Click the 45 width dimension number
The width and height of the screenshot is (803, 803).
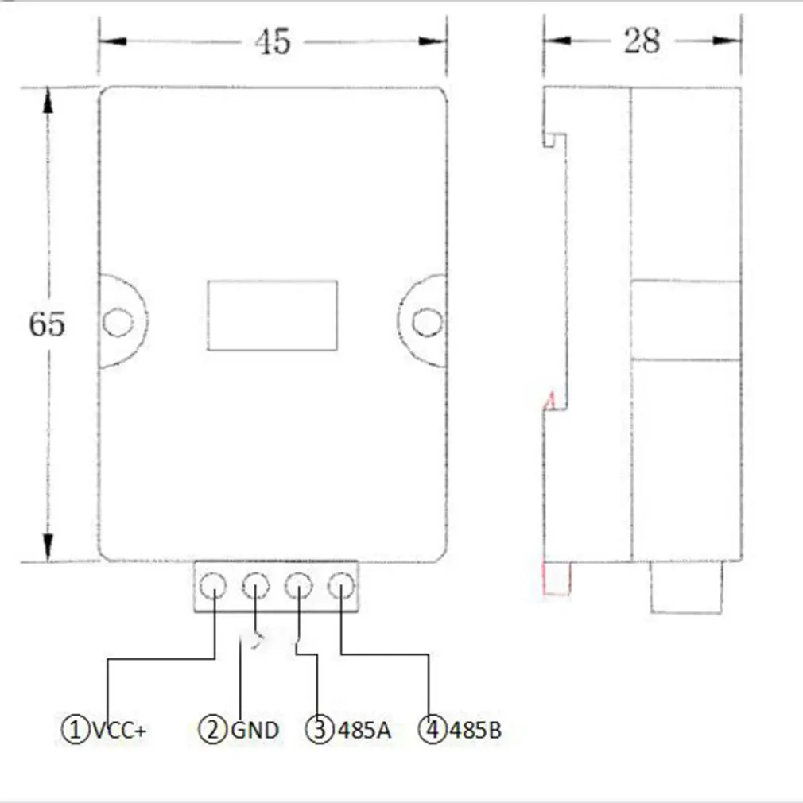273,42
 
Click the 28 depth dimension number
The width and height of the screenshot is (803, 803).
642,41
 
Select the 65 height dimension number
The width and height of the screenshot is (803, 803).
47,324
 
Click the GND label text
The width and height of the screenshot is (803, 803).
254,730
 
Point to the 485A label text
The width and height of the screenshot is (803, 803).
365,730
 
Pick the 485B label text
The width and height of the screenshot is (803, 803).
475,730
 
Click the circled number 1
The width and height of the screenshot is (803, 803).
75,730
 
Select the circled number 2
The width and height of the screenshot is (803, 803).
212,730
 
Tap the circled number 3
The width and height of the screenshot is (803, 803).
320,730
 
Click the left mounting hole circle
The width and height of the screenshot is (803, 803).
117,322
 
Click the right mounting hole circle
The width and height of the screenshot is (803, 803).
427,322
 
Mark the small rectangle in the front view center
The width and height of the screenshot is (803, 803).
272,315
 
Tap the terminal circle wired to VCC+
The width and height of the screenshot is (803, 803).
213,587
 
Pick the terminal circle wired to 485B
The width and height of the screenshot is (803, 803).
340,587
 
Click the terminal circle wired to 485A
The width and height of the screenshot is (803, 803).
298,587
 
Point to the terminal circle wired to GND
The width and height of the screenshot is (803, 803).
255,587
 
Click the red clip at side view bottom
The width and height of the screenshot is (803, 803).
556,578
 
